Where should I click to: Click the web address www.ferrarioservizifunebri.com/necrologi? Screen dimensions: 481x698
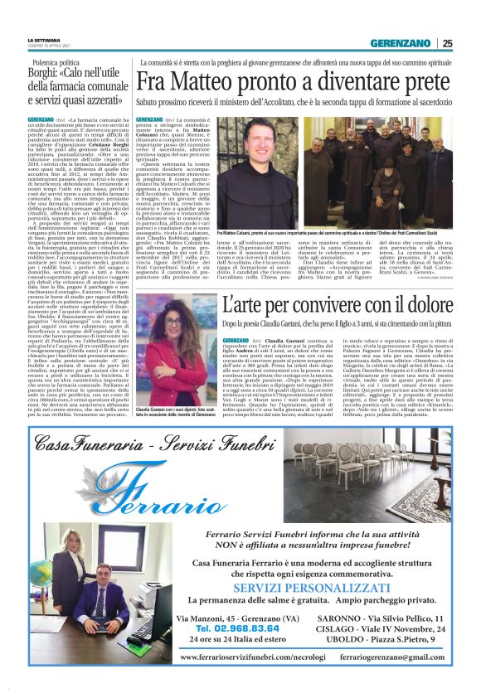coord(252,657)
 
